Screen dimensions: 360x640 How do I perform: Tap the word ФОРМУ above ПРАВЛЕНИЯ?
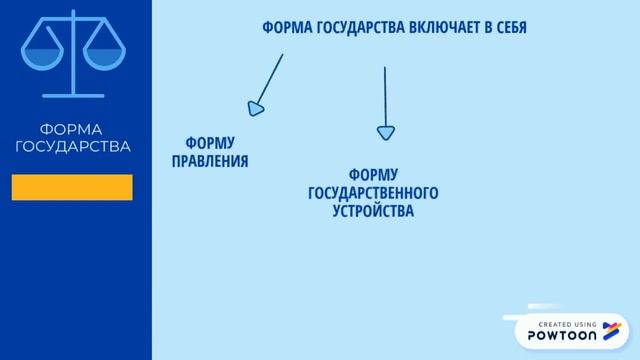click(x=210, y=142)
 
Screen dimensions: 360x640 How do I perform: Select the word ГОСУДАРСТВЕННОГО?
click(x=374, y=193)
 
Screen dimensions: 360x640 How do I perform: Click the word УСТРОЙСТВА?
click(x=372, y=211)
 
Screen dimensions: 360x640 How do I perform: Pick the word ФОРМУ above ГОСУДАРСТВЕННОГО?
click(x=374, y=175)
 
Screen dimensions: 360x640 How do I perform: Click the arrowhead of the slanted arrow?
click(x=257, y=106)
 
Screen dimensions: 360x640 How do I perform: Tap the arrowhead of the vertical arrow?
click(x=385, y=132)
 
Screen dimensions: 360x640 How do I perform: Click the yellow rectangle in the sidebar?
click(x=72, y=187)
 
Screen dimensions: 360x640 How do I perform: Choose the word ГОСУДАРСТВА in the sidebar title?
click(x=72, y=146)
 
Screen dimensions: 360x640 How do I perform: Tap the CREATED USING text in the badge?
click(x=567, y=324)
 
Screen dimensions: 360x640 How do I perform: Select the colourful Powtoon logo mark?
click(x=613, y=331)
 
